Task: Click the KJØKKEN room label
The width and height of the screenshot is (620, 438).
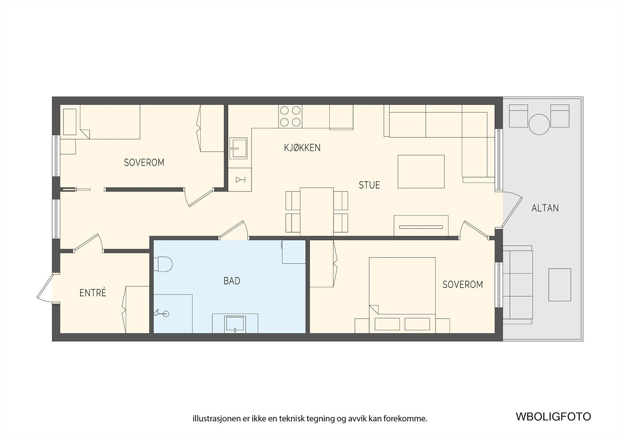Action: (302, 148)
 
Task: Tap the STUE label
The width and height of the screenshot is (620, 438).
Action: (369, 185)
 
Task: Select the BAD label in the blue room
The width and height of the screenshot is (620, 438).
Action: (232, 281)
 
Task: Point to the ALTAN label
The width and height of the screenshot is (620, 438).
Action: (545, 208)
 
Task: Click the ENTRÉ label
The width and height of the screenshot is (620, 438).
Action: (93, 292)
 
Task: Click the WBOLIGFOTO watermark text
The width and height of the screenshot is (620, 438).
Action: (553, 417)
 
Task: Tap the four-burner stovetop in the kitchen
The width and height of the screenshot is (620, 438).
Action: (290, 116)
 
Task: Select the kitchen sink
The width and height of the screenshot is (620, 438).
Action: (238, 148)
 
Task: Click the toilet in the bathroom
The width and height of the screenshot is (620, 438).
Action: (163, 264)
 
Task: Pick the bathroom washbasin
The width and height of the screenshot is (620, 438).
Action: (235, 324)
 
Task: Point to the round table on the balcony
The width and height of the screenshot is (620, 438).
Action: (539, 124)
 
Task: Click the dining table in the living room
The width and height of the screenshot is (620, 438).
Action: (317, 212)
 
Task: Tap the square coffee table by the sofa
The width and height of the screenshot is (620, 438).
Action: (421, 172)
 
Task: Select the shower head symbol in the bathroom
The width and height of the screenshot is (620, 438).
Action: (161, 313)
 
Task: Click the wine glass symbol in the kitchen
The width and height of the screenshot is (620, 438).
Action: (240, 180)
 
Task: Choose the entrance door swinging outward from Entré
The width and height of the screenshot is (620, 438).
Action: (44, 288)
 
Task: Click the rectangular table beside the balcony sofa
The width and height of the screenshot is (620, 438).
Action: (560, 285)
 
